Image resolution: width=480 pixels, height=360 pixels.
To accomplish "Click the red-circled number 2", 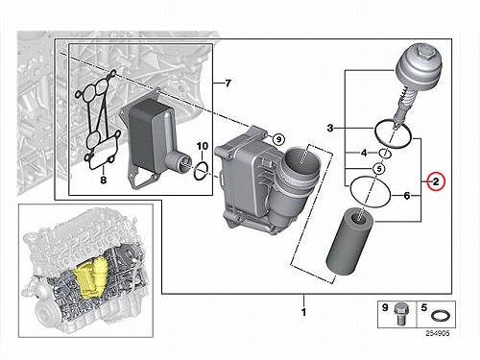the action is [x=436, y=181].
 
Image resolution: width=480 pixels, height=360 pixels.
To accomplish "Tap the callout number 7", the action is [x=228, y=84].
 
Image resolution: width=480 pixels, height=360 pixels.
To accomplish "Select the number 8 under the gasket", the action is [x=103, y=180].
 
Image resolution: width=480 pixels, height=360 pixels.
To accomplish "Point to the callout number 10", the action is [x=203, y=146].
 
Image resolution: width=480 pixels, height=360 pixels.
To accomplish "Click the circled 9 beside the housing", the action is [x=278, y=139].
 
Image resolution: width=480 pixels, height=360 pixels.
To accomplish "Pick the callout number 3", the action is [x=330, y=128].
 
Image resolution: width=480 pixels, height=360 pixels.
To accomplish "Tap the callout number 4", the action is [x=364, y=153].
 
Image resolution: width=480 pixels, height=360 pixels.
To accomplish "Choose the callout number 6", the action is [x=406, y=195].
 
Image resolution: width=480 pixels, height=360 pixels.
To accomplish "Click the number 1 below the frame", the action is [x=304, y=312].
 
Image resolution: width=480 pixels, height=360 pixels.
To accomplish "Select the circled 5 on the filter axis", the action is [x=379, y=168].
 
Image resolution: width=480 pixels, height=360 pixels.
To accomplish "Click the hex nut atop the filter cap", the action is [x=425, y=52].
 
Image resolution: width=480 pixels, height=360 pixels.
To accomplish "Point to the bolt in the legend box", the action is [x=400, y=314].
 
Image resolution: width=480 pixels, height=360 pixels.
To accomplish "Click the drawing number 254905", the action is [x=438, y=333].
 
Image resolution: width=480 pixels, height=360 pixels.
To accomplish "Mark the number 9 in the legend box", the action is [x=385, y=307].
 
